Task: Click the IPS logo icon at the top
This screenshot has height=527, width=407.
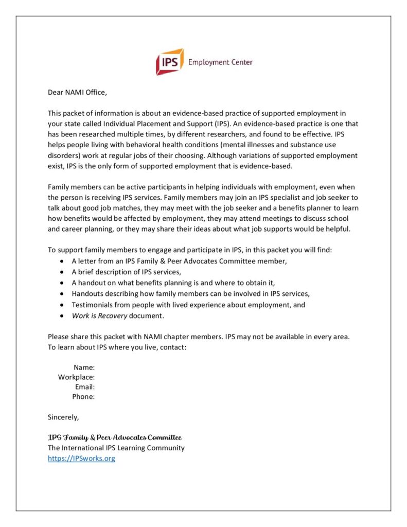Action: (170, 62)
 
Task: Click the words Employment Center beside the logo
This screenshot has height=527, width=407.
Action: (220, 62)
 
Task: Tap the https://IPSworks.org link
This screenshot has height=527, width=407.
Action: (81, 458)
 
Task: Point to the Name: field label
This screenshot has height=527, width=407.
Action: (84, 367)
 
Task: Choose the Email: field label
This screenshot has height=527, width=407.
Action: (85, 387)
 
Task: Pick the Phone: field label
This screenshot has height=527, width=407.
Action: (83, 396)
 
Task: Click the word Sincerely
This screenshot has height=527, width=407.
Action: (63, 416)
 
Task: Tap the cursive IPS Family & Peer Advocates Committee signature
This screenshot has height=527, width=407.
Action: (115, 437)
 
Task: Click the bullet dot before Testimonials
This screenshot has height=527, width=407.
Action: (62, 305)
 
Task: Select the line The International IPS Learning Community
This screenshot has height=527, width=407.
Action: (116, 448)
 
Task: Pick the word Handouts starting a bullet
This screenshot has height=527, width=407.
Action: (88, 293)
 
